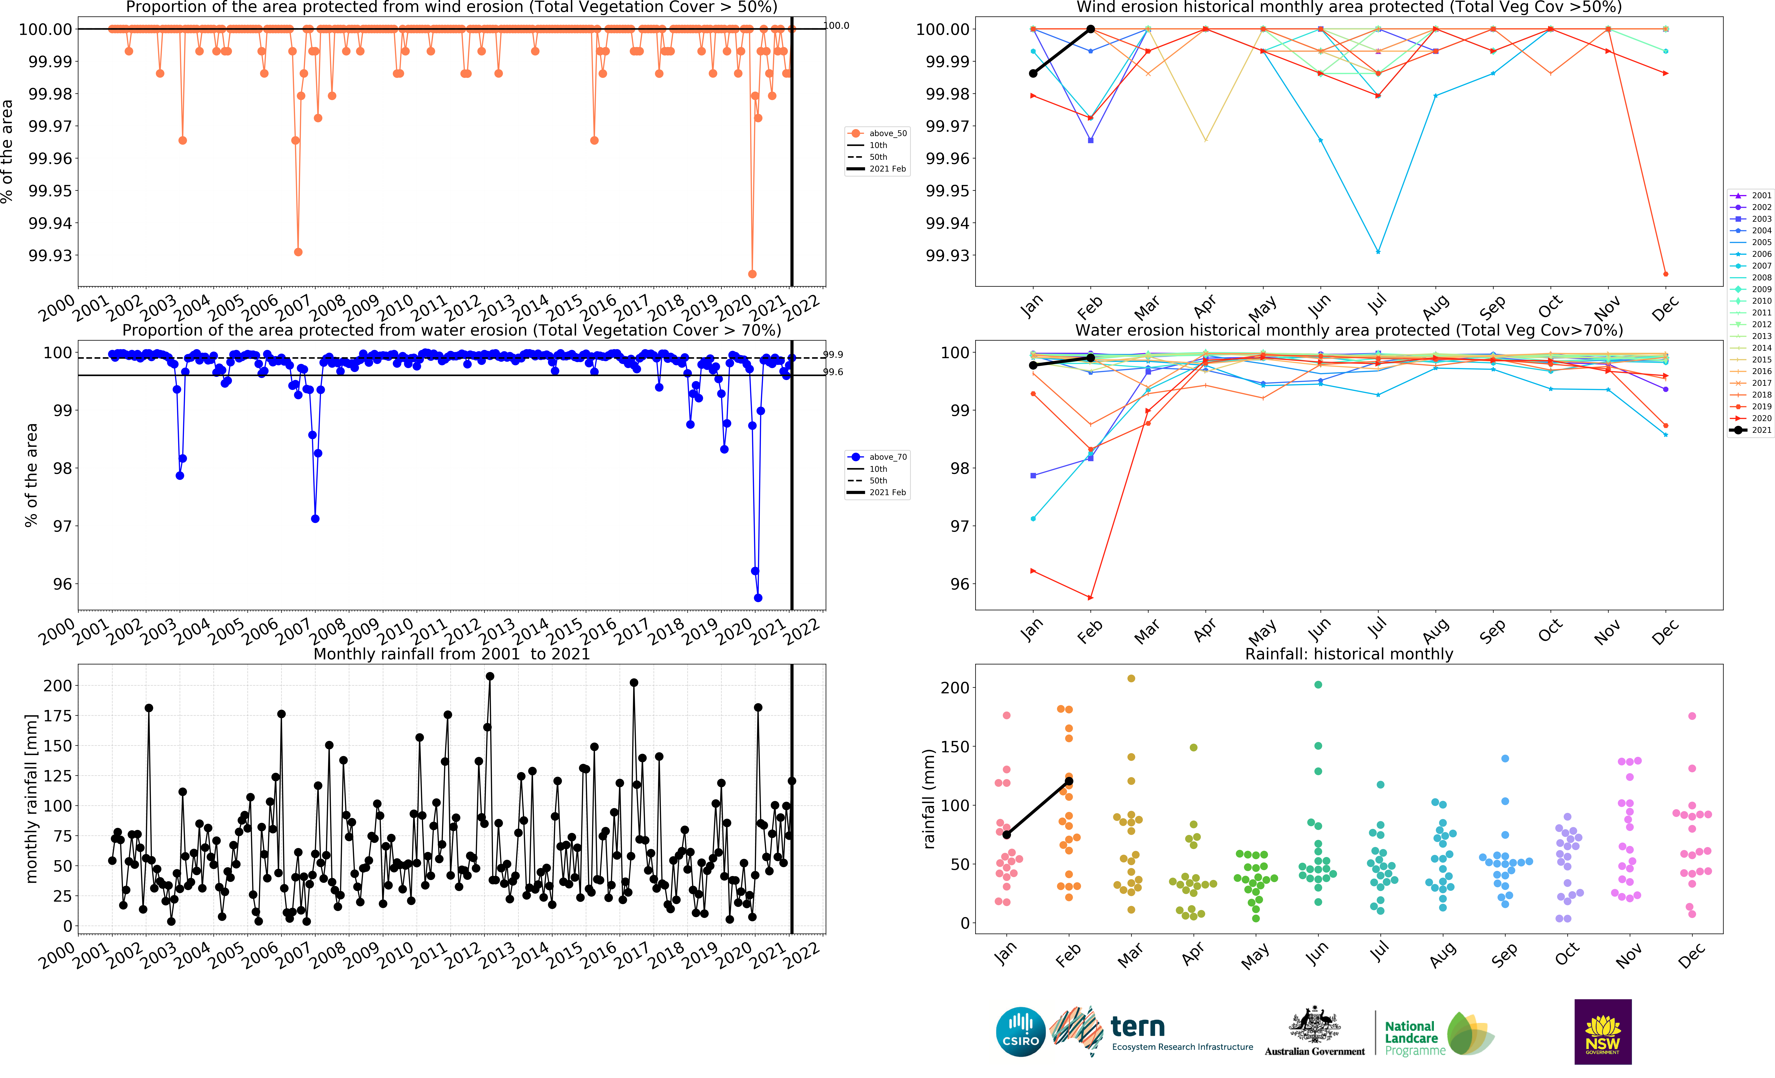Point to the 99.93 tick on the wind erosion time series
click(x=50, y=256)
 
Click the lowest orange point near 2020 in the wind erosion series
click(x=752, y=274)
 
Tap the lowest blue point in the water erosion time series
click(x=758, y=598)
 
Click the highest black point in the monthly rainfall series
click(x=490, y=676)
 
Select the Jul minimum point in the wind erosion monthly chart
click(x=1378, y=251)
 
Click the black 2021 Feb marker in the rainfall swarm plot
click(x=1069, y=781)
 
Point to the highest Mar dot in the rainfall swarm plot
click(x=1131, y=678)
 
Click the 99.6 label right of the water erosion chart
click(x=834, y=372)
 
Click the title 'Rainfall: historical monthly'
click(x=1349, y=654)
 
